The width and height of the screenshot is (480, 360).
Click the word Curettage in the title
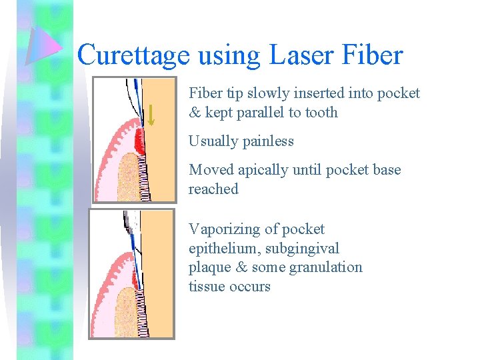133,55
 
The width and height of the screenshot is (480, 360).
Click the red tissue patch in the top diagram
139,141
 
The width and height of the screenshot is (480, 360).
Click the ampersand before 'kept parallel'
195,112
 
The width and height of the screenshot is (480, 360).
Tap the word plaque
209,267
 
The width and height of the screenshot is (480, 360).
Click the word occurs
250,286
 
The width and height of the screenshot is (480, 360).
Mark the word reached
213,189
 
